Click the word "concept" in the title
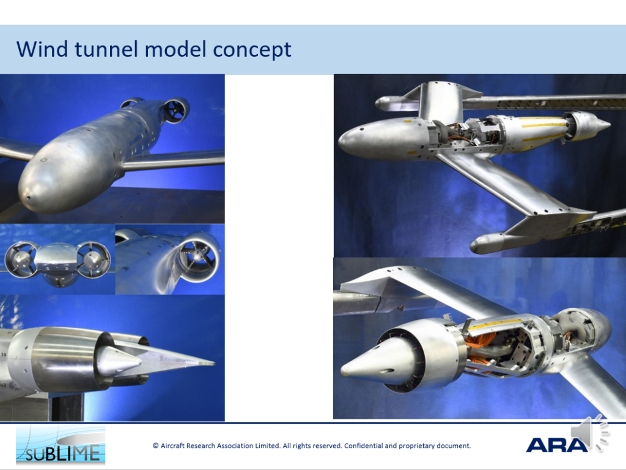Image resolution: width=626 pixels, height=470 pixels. [252, 50]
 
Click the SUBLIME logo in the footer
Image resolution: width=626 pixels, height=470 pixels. [61, 445]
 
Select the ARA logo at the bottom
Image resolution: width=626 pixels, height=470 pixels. [556, 445]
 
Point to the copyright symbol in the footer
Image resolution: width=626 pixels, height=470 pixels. [156, 446]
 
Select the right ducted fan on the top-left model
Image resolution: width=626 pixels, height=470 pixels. [176, 110]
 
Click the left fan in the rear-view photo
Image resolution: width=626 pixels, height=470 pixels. [21, 259]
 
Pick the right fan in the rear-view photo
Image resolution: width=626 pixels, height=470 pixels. [94, 259]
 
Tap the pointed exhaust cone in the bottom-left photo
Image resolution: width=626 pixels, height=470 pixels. [119, 361]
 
